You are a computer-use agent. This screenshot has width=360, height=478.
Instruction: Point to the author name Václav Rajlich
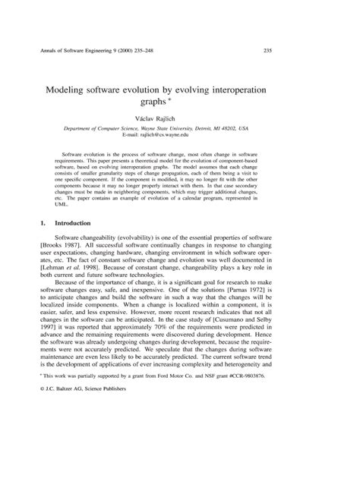[x=179, y=120]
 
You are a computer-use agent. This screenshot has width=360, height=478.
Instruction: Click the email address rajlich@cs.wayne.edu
[x=190, y=137]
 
